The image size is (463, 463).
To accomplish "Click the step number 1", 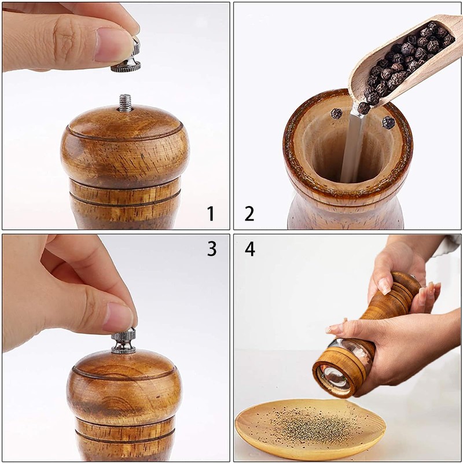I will (x=211, y=214).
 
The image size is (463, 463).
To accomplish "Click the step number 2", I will (x=249, y=214).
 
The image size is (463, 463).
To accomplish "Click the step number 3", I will (x=212, y=248).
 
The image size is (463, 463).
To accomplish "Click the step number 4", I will (x=249, y=248).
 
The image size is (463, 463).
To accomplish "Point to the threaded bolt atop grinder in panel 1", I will (x=125, y=102).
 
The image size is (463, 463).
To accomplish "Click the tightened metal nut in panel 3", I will (x=123, y=341).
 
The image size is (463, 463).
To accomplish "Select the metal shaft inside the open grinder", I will (x=352, y=145).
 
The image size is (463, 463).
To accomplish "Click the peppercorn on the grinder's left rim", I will (x=336, y=113).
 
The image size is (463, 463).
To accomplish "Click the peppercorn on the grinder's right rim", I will (x=388, y=122).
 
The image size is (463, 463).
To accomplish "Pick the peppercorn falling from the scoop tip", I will (x=363, y=108).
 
